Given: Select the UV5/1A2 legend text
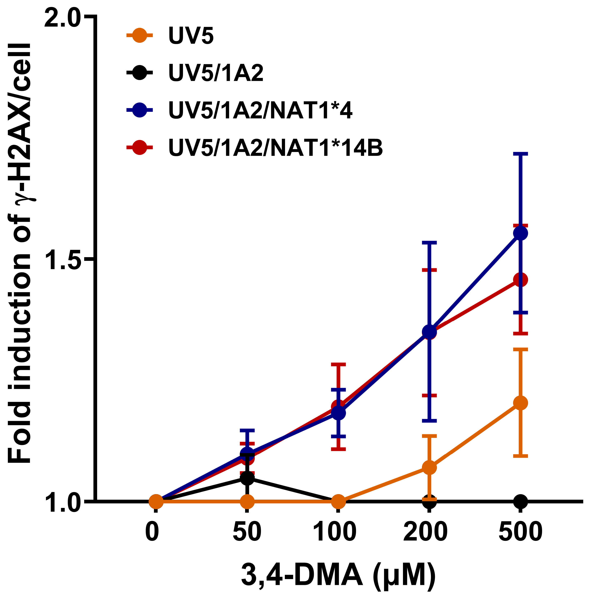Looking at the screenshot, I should point(215,73).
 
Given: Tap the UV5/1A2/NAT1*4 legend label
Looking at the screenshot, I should point(260,111).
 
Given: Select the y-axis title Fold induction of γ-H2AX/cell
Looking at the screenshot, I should point(19,253).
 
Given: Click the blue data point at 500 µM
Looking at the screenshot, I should point(520,233).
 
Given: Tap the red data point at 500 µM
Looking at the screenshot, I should point(520,280).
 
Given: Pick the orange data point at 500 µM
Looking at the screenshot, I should point(520,403).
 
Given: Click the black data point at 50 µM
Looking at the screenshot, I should point(247,478).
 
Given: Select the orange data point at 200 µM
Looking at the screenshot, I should point(429,468).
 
